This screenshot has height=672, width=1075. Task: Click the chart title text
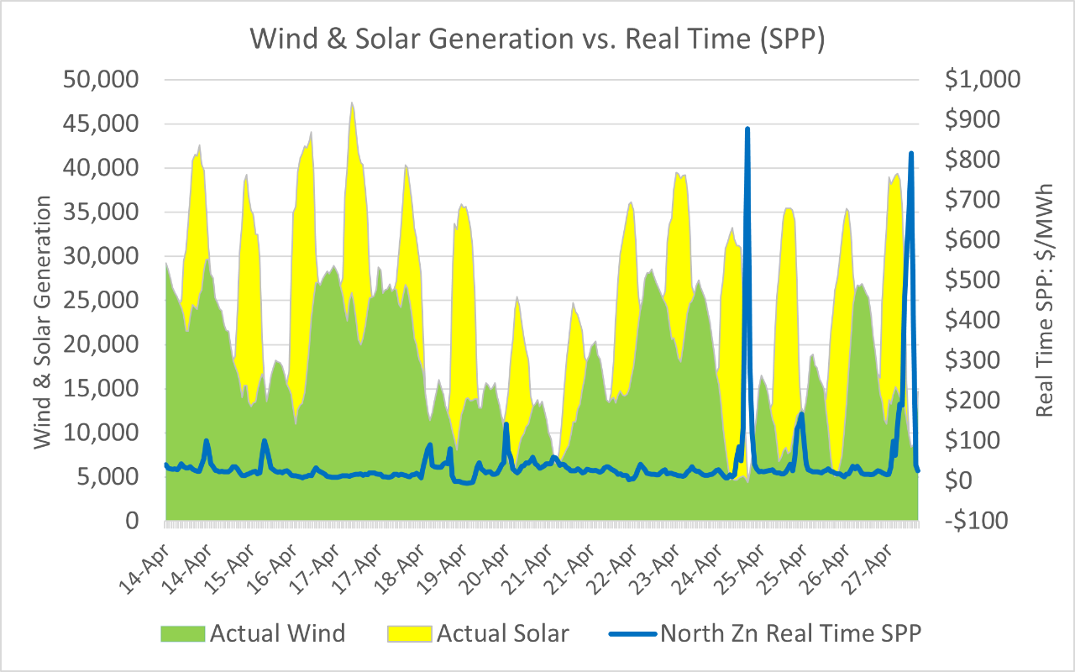(x=537, y=39)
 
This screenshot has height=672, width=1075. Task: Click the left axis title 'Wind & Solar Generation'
(x=44, y=323)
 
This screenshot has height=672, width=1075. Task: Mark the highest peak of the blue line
(x=747, y=129)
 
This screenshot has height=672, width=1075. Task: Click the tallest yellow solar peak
(x=352, y=103)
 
